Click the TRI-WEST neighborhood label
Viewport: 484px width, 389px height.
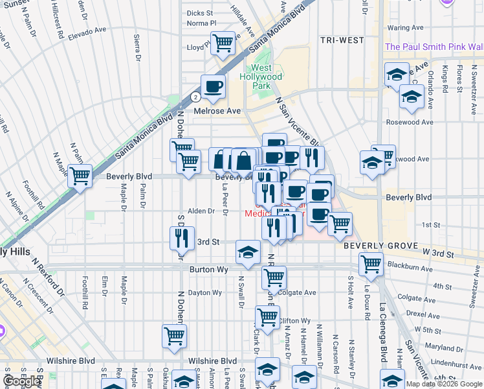[342, 40]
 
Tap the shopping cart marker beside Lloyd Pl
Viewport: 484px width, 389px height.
[223, 43]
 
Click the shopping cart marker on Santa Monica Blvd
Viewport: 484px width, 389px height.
[80, 175]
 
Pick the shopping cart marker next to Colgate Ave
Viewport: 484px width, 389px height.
[274, 277]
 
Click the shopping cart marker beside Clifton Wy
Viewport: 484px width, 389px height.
[267, 318]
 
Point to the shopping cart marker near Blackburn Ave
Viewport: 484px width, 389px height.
[371, 263]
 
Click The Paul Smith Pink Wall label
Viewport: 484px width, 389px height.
[434, 47]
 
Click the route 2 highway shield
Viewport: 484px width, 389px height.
[195, 97]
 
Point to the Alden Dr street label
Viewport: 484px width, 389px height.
[201, 211]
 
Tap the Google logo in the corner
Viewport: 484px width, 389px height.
[22, 381]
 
